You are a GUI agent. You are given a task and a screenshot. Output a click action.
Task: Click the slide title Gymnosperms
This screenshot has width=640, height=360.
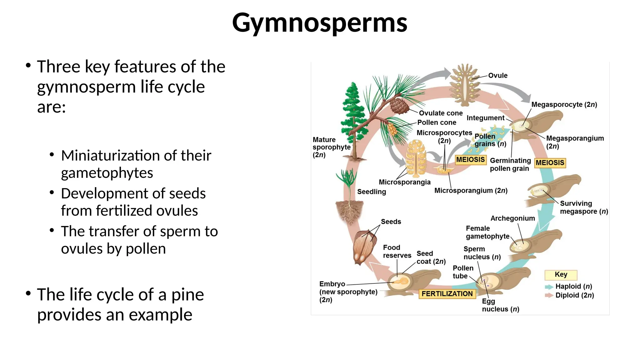[x=319, y=22]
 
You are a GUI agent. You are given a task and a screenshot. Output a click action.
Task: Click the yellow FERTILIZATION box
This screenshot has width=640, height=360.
[x=447, y=294]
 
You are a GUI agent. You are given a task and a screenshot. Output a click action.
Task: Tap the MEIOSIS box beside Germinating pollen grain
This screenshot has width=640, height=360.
[x=470, y=160]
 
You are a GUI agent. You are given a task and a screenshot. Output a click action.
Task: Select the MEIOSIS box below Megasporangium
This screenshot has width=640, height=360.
[x=550, y=163]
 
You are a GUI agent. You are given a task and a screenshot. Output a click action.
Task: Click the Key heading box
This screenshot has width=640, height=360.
[x=561, y=275]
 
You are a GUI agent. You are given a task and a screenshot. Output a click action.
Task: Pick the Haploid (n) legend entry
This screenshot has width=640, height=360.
[x=573, y=287]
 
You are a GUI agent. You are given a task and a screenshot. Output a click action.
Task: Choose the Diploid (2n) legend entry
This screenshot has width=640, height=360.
[x=574, y=295]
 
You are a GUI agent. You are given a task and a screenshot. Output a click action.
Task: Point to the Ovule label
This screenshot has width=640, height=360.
[x=497, y=76]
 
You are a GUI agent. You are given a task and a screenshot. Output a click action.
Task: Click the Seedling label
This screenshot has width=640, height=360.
[x=371, y=192]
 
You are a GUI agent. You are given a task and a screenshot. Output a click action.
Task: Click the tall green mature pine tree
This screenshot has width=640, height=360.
[x=354, y=119]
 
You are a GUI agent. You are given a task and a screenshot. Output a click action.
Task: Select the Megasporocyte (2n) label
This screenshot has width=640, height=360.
[x=564, y=105]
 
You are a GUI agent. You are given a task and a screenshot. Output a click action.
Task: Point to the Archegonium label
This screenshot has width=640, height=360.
[x=512, y=218]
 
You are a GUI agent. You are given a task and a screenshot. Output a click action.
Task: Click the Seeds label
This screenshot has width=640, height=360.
[x=391, y=222]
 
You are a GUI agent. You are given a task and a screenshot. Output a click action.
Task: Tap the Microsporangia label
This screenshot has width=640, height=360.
[x=404, y=182]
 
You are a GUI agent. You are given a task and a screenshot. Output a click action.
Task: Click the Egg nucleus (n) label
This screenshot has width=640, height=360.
[x=500, y=305]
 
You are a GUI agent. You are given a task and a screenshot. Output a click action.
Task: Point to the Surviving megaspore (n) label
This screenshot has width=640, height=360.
[x=583, y=207]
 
